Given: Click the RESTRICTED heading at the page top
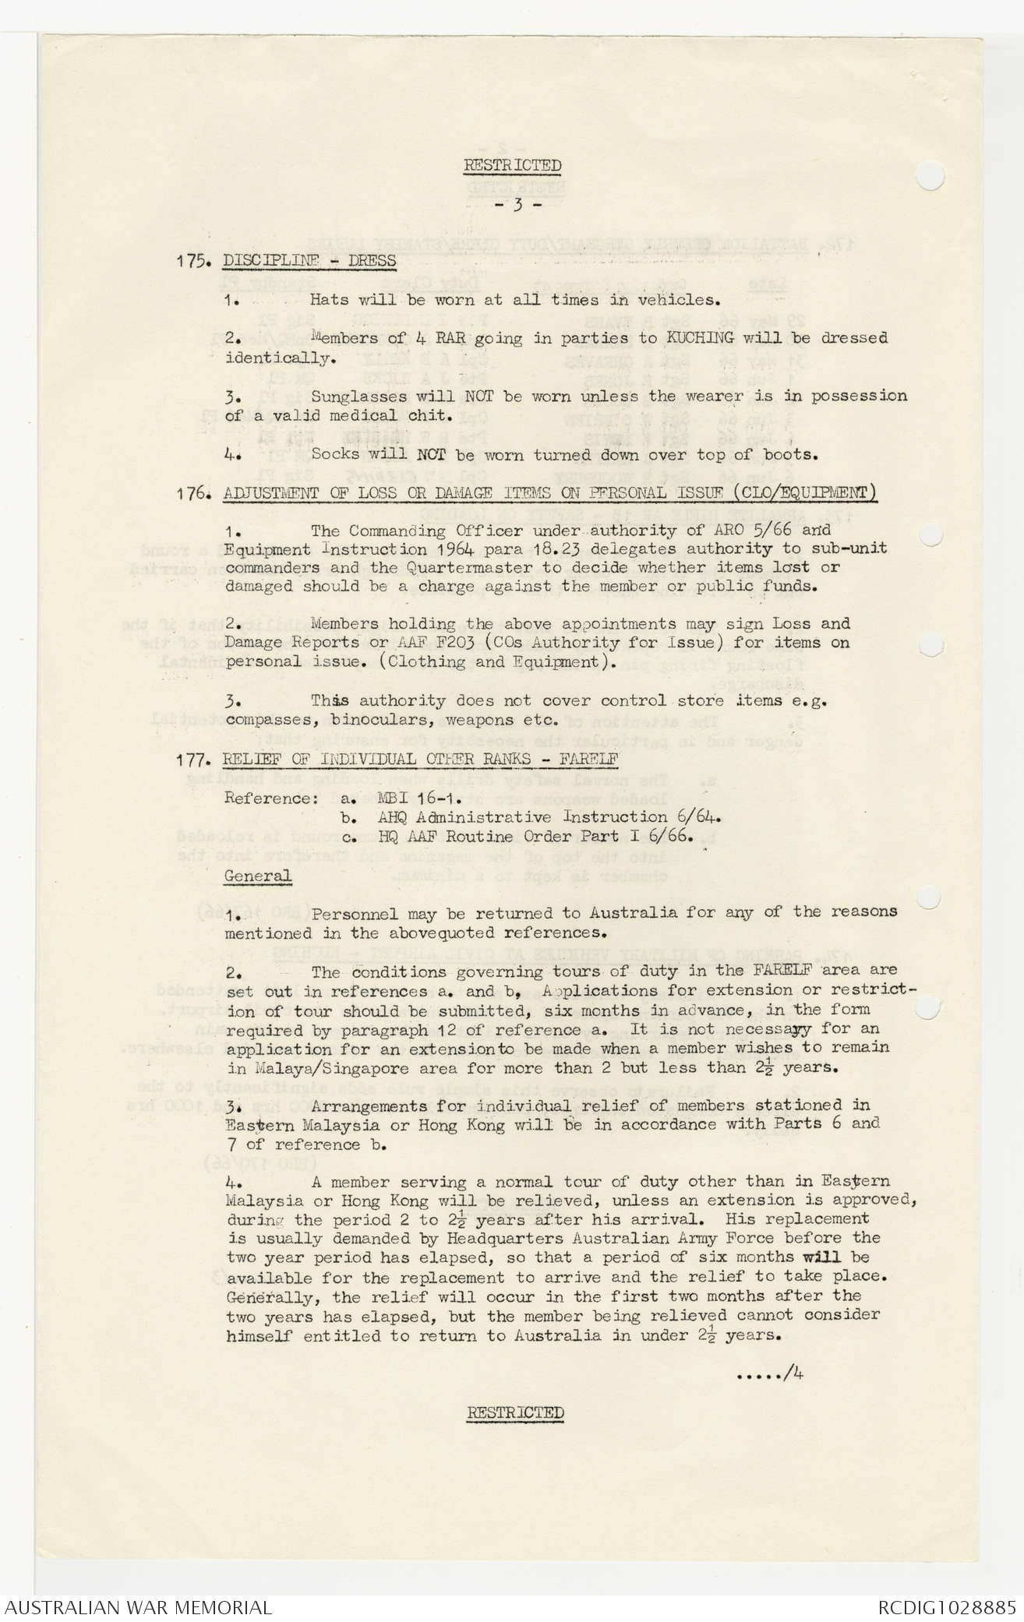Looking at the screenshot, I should [x=512, y=165].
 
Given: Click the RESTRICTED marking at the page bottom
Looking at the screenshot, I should [x=515, y=1412].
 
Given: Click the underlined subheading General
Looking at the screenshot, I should [x=257, y=875].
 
